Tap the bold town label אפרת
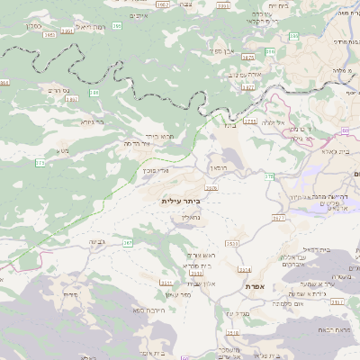click(x=254, y=286)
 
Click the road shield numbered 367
click(x=128, y=242)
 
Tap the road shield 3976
click(x=211, y=188)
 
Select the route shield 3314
click(x=244, y=269)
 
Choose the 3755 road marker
click(x=249, y=120)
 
